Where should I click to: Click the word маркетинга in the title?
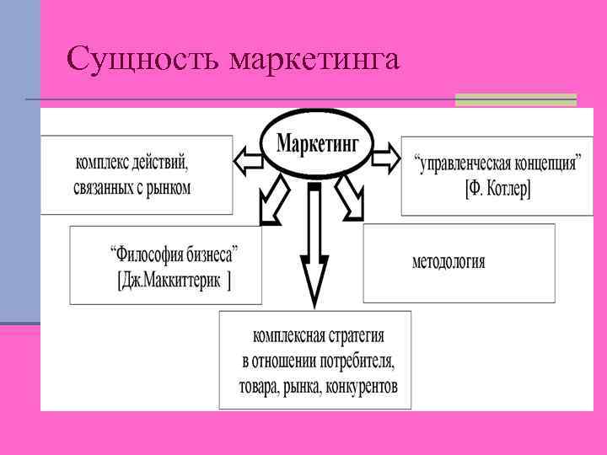pos(313,61)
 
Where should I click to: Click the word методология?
pos(448,261)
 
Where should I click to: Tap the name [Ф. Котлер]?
pos(497,188)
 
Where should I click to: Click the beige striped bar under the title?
pos(515,99)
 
